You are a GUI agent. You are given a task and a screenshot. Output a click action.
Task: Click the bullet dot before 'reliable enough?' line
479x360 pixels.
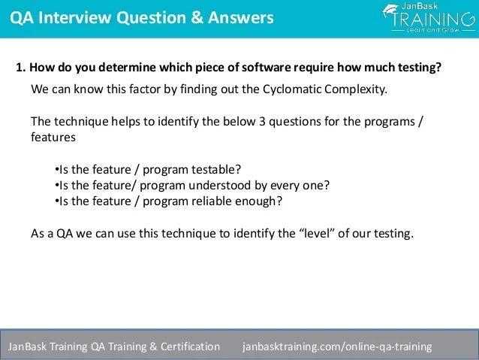57,201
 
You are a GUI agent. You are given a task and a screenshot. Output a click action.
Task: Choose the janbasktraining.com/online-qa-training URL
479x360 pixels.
338,346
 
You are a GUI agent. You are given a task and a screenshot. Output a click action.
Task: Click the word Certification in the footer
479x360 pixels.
190,346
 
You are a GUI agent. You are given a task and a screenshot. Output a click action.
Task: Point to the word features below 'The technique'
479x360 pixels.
53,138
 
